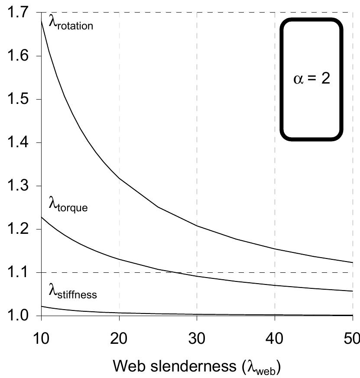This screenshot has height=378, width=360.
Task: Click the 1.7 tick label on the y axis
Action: (x=17, y=13)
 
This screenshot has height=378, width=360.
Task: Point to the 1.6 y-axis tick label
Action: (x=17, y=56)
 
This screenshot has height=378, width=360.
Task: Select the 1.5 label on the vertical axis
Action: (x=17, y=99)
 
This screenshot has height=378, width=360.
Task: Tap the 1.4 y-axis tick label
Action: (x=17, y=142)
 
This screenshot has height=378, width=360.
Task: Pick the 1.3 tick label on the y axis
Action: (x=17, y=186)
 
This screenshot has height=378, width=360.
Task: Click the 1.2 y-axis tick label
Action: (x=17, y=229)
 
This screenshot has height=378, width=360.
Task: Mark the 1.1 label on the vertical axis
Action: (x=17, y=272)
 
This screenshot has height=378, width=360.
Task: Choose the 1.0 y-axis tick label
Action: (x=17, y=316)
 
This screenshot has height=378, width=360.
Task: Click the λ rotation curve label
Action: (x=71, y=24)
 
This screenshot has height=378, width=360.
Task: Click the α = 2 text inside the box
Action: (x=311, y=80)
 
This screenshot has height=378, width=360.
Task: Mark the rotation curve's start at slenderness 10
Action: (x=41, y=20)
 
